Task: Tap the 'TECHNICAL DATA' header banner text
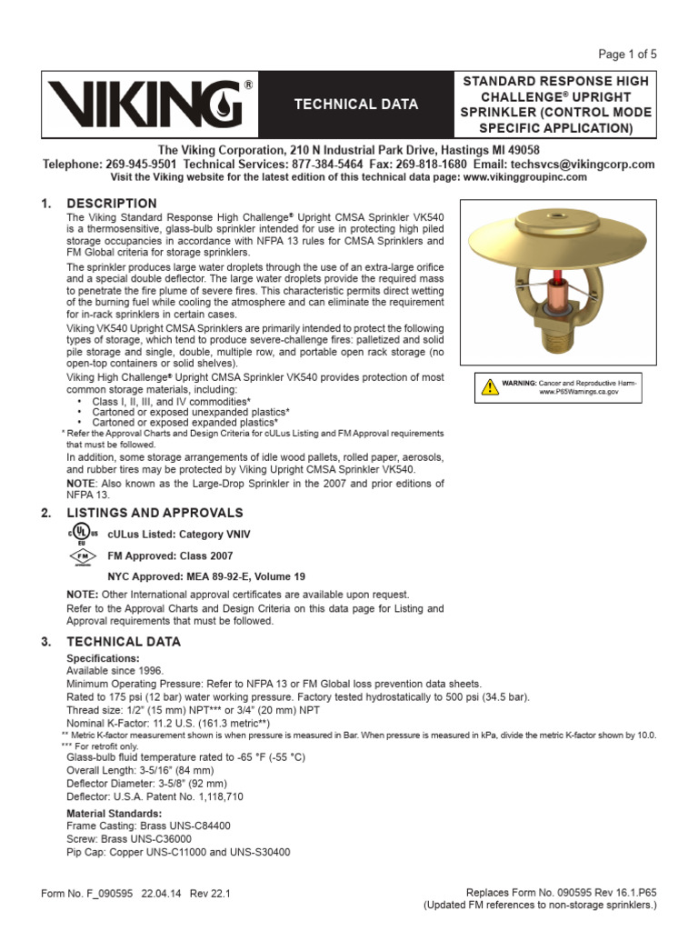(x=355, y=105)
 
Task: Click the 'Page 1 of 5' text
(x=628, y=54)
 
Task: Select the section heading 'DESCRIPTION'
(x=112, y=203)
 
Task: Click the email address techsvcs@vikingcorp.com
(x=583, y=165)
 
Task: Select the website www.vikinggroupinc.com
(x=524, y=177)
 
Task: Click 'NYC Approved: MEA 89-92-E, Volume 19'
(x=206, y=576)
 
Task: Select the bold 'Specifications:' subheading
(x=104, y=657)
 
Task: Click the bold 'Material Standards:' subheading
(x=115, y=813)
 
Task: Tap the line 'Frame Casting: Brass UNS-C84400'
(x=148, y=826)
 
